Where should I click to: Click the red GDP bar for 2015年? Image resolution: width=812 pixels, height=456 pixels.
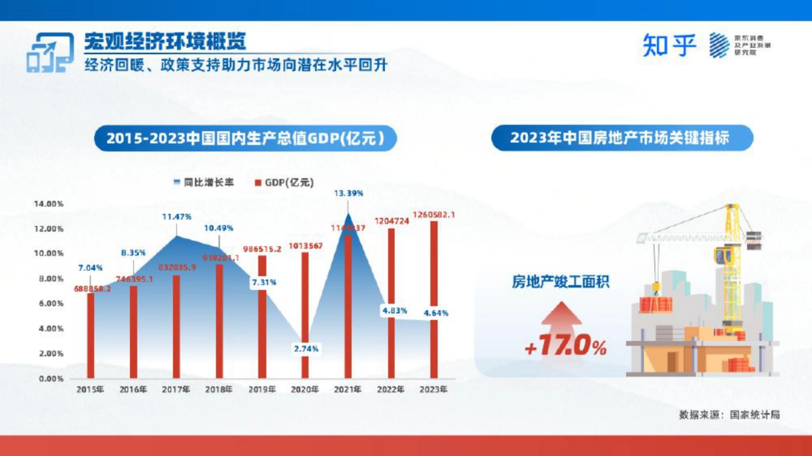click(x=91, y=336)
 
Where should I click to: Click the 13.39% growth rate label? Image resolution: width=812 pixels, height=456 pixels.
click(x=348, y=193)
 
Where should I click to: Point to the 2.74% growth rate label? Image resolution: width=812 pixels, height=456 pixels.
click(x=306, y=348)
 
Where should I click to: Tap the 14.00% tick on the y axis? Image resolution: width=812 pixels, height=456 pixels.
click(x=49, y=204)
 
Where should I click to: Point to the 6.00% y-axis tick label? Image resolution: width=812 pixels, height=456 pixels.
click(x=49, y=304)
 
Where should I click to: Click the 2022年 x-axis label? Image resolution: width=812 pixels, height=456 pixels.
click(x=390, y=390)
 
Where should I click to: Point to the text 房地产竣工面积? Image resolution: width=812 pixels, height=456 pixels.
click(x=560, y=281)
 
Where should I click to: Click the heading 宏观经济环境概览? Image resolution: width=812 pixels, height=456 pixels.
click(x=165, y=42)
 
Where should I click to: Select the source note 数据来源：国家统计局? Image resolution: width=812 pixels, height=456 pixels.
click(x=729, y=414)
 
